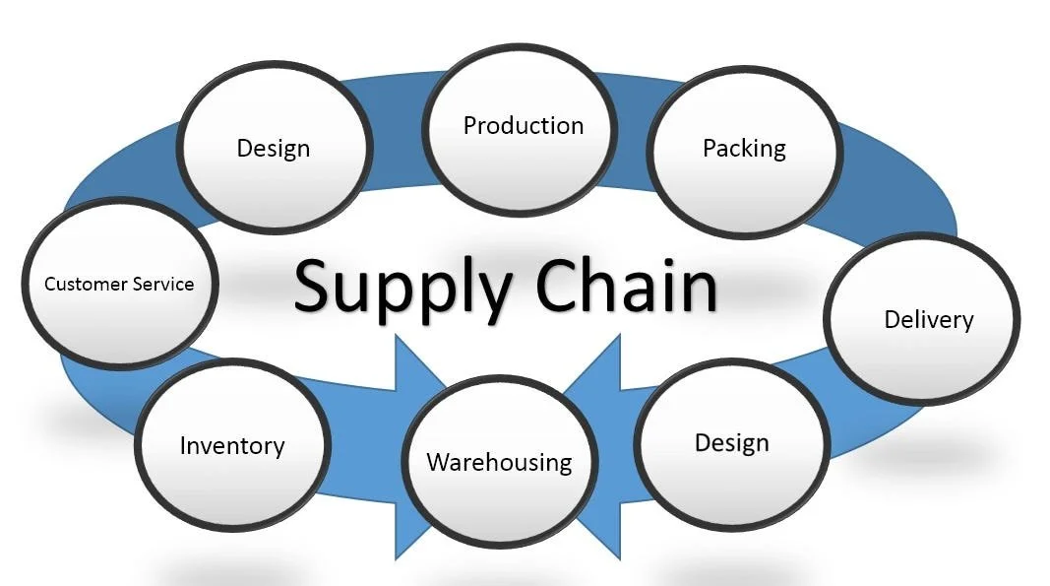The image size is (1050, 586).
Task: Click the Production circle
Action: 522,127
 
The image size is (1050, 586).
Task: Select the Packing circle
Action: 744,149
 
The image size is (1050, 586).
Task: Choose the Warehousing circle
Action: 499,462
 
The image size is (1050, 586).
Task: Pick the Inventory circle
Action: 232,446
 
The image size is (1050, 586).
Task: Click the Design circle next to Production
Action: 274,149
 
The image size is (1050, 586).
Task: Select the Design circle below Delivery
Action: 732,443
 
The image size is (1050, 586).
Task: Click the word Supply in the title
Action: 403,287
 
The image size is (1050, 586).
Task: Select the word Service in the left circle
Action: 162,285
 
